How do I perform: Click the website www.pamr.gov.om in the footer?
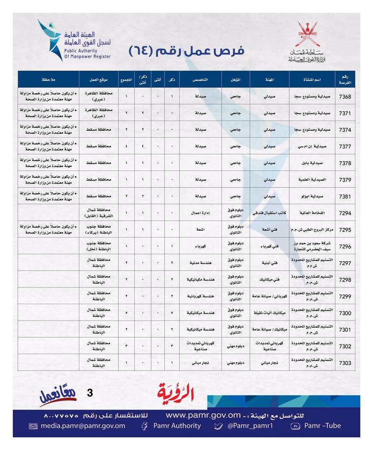click(x=203, y=415)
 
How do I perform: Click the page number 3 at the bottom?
click(x=90, y=393)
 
